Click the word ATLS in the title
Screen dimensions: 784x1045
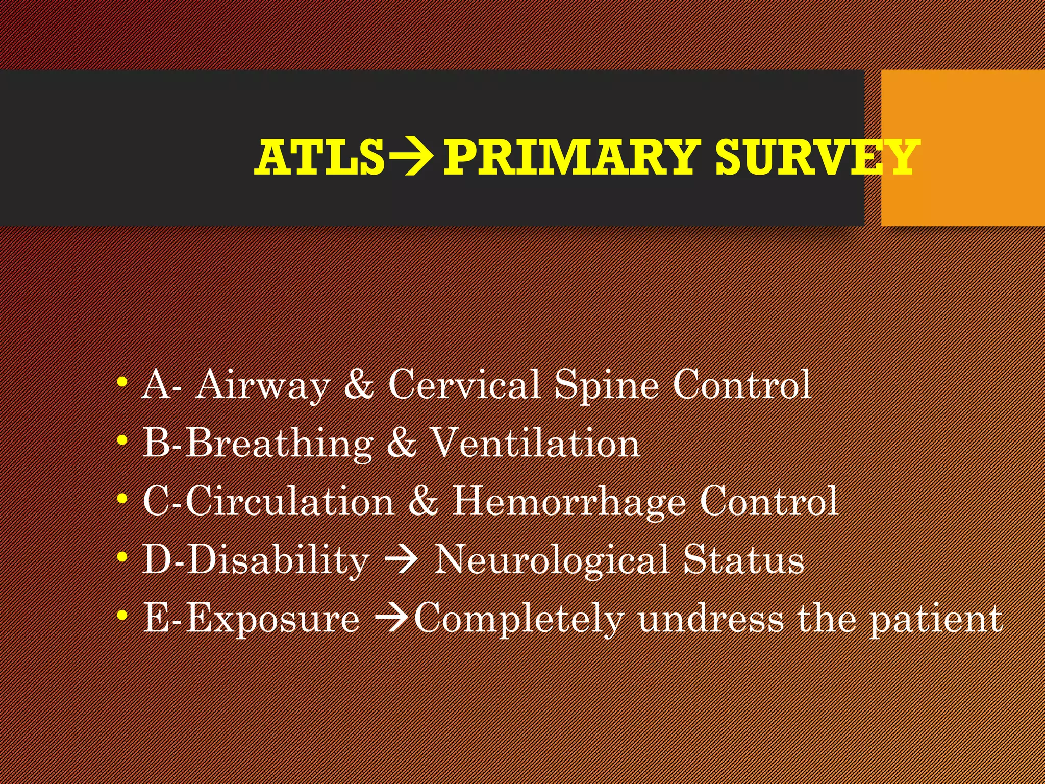coord(319,157)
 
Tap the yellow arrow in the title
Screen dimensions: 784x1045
coord(412,157)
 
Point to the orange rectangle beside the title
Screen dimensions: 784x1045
coord(962,148)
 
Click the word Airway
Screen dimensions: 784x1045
coord(263,385)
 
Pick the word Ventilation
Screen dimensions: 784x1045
coord(536,443)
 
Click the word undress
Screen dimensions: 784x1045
coord(711,619)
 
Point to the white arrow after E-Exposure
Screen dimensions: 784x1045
coord(392,619)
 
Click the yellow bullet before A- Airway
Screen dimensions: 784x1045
coord(121,382)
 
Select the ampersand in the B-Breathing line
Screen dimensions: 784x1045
coord(401,443)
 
